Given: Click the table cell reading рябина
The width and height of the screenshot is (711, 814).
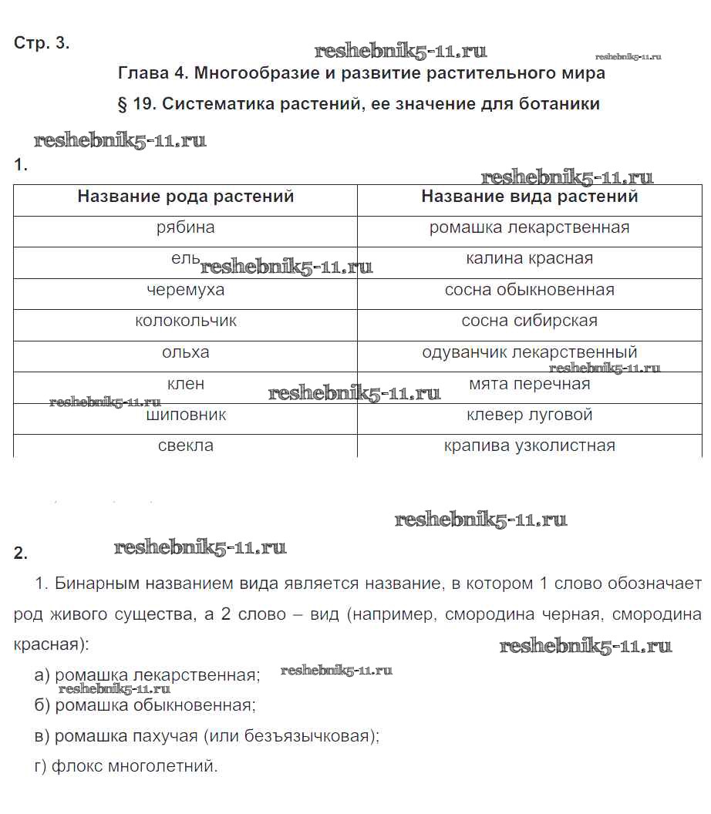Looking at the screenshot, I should (x=186, y=228).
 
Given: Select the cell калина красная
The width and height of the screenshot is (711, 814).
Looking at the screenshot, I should (x=529, y=259).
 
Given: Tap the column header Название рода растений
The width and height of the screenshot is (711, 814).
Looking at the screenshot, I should (x=186, y=197).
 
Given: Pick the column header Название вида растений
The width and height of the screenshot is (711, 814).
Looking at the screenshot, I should (x=529, y=197).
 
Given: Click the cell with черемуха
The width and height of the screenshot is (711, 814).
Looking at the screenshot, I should (x=186, y=291).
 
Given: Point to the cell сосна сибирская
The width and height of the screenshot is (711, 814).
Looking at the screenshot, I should (x=529, y=321).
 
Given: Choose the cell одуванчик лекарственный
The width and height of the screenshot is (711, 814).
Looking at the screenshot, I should (x=529, y=353).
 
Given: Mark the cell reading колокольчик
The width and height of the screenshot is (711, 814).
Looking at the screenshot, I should (x=186, y=321).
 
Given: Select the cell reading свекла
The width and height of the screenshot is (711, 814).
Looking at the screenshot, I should (x=186, y=446).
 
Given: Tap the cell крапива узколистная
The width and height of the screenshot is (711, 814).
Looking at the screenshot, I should (x=529, y=446).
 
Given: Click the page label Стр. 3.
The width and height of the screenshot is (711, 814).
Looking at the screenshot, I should (x=42, y=43).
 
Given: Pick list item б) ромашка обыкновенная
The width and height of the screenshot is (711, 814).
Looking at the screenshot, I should (x=145, y=705).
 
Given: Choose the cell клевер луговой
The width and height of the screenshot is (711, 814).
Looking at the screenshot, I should (x=529, y=415).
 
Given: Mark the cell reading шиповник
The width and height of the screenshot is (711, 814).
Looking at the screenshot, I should (x=186, y=415).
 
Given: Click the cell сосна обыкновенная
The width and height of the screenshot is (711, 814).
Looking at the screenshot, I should (x=529, y=291).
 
